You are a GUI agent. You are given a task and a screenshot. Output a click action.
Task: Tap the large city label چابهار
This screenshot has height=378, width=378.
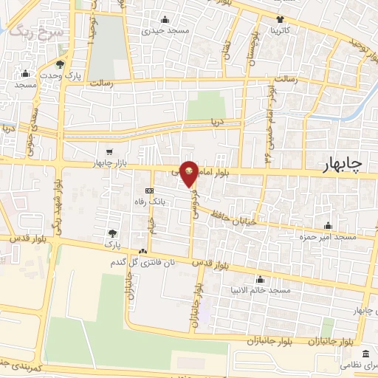click(x=342, y=167)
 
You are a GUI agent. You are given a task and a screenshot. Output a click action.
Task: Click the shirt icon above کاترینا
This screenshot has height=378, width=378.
click(x=281, y=20)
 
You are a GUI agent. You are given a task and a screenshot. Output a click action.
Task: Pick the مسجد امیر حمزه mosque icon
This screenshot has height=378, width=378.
click(x=328, y=225)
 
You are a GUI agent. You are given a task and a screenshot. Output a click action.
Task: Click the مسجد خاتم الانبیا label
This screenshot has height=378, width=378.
click(x=259, y=291)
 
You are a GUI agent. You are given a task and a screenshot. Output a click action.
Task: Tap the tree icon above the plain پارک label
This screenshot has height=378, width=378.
click(x=112, y=233)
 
